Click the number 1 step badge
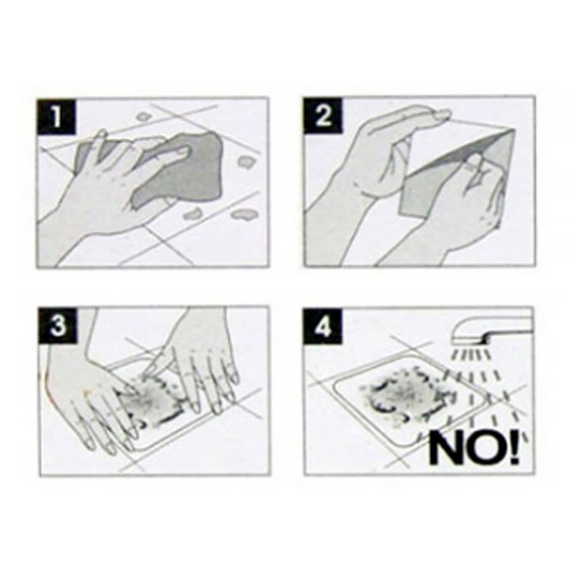coord(57,116)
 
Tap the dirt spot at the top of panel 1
coord(143,116)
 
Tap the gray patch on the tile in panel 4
coord(403,397)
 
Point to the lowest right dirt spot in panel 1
coord(243,215)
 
